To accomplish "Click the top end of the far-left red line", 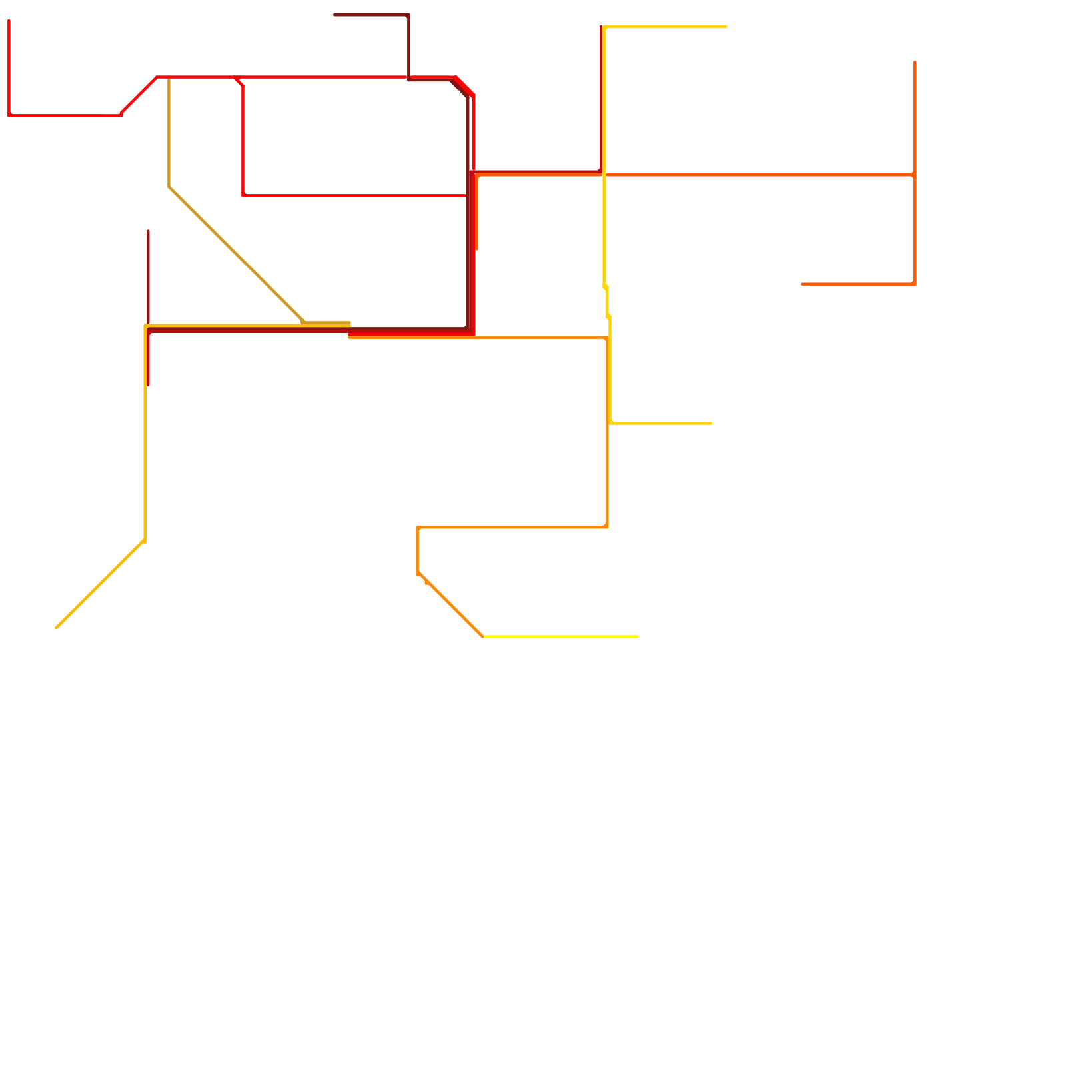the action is click(x=9, y=21).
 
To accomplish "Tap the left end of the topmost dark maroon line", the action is click(x=334, y=15).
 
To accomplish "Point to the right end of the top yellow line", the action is click(x=726, y=27).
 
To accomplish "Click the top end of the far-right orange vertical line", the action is click(x=915, y=62).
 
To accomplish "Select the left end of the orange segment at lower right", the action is click(x=802, y=284).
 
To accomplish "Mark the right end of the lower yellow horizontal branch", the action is click(x=712, y=423).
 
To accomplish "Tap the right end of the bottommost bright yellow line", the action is click(x=638, y=636).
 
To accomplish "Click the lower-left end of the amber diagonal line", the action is click(x=57, y=628).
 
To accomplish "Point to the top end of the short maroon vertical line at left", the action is click(x=148, y=231).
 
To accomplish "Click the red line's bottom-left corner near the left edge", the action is click(x=9, y=115).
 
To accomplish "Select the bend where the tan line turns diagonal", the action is click(x=169, y=187).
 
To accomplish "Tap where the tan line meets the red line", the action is click(x=169, y=77).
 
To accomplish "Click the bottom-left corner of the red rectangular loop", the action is click(x=243, y=195).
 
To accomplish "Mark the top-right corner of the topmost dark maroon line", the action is click(x=408, y=15).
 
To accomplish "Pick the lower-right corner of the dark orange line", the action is click(x=607, y=527).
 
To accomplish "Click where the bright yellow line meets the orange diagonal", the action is click(x=483, y=636).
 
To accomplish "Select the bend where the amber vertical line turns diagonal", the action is click(x=145, y=540).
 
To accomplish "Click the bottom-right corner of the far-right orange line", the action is click(x=915, y=284).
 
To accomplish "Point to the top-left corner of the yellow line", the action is click(x=604, y=27).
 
